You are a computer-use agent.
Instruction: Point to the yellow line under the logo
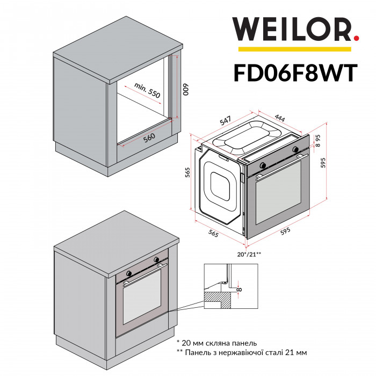[x=295, y=49]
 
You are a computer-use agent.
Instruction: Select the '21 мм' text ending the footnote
[x=298, y=352]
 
